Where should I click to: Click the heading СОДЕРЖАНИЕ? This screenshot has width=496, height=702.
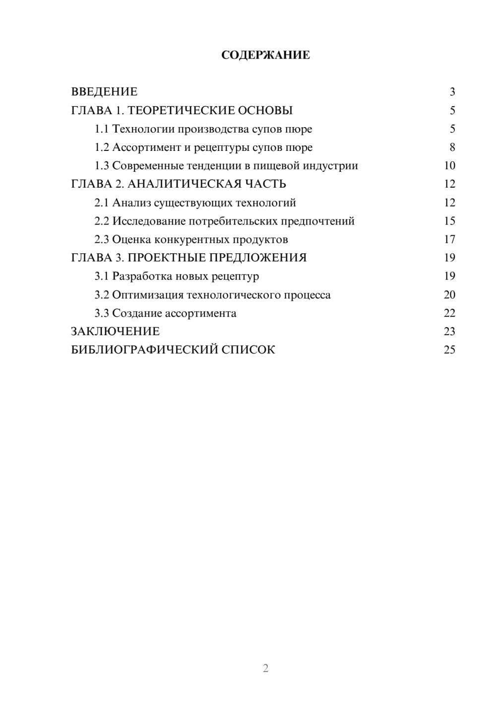(265, 55)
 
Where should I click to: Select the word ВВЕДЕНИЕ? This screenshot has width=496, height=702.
(104, 92)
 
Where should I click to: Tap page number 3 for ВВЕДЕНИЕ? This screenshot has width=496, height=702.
(452, 92)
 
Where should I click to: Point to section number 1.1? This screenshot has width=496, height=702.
(102, 129)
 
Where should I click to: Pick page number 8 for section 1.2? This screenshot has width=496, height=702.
(452, 147)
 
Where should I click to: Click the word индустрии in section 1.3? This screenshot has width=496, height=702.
(331, 166)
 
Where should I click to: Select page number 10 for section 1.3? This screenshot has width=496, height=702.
(449, 166)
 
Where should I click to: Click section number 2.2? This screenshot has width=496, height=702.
(102, 221)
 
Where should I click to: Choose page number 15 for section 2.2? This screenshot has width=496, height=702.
(449, 221)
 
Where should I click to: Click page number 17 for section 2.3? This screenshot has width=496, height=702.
(449, 240)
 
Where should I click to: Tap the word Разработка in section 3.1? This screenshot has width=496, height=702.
(142, 277)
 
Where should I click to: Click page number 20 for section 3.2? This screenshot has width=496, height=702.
(449, 295)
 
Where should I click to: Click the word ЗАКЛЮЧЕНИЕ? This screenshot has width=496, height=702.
(115, 332)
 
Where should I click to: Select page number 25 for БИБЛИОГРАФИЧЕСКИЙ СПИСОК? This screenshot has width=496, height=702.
(449, 350)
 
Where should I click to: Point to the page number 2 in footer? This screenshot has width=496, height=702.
(265, 668)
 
